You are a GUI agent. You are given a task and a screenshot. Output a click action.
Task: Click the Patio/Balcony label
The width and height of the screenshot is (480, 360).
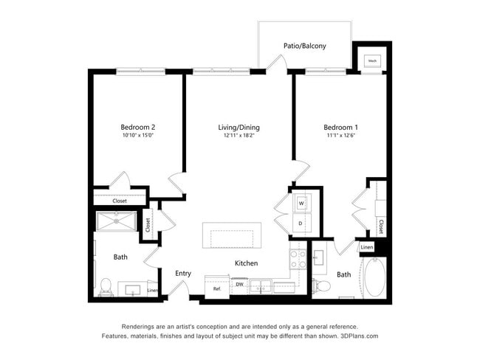tap(304, 46)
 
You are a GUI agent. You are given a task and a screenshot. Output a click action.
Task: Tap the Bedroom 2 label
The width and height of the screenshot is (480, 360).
tap(137, 126)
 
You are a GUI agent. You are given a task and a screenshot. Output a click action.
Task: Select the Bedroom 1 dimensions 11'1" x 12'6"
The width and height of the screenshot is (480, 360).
tap(340, 136)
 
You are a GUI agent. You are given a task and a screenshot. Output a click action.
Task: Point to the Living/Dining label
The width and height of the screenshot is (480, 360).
tap(239, 127)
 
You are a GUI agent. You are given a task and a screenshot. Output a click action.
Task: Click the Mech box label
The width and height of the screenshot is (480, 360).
tap(372, 61)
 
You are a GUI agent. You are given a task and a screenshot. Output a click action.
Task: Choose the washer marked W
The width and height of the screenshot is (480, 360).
tap(301, 203)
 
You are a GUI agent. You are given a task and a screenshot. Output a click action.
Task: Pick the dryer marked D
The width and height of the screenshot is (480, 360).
tap(301, 222)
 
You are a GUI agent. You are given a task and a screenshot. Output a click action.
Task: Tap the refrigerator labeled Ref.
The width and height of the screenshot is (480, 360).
tap(217, 288)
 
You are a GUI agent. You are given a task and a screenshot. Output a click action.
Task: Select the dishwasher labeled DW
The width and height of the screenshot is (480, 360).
tap(240, 284)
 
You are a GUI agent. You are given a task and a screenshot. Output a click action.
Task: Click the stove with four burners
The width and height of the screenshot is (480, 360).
tap(298, 259)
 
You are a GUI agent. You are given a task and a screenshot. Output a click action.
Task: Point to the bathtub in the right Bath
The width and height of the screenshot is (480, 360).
tap(375, 276)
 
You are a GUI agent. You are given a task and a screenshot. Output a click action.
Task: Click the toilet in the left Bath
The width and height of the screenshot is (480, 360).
tap(105, 285)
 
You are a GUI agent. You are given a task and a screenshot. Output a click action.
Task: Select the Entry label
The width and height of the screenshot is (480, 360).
tap(183, 274)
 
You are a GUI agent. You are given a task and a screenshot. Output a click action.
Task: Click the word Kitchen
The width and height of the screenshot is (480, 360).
tap(246, 263)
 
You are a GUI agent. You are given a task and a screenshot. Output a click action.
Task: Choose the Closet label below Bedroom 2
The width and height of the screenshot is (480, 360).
tap(120, 201)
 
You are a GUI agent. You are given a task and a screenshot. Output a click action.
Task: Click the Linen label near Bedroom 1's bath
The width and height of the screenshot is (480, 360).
tap(367, 247)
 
